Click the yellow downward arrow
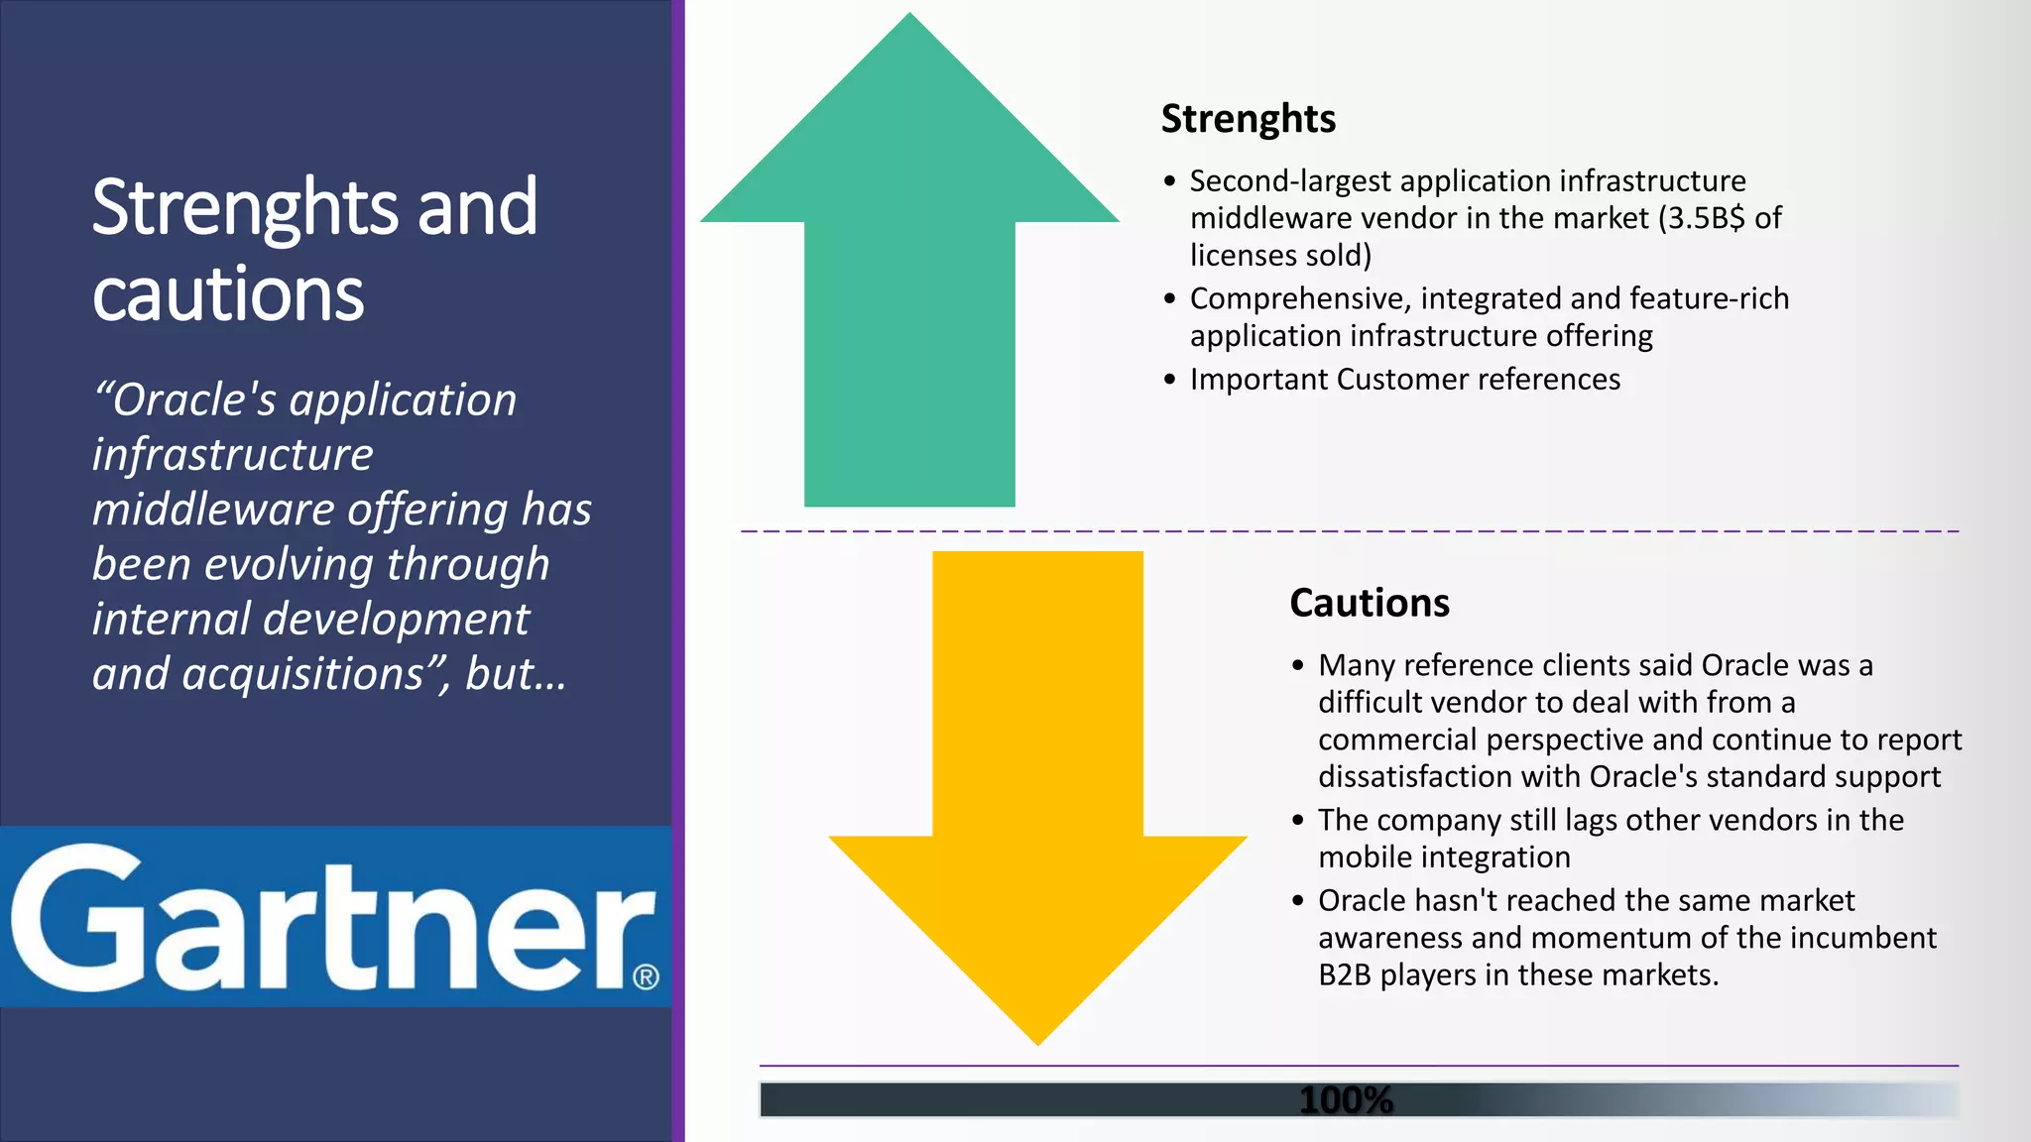click(x=1037, y=793)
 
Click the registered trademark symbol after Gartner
click(x=646, y=977)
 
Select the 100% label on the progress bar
click(x=1346, y=1100)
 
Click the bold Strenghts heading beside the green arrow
click(x=1248, y=119)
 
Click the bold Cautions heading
click(x=1369, y=603)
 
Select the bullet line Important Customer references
click(x=1404, y=380)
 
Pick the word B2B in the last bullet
click(x=1344, y=975)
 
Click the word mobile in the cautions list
click(x=1364, y=857)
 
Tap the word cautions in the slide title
click(x=228, y=295)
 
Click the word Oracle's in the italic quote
click(x=194, y=400)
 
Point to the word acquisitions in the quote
click(x=302, y=674)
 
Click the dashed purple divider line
click(x=1349, y=531)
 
